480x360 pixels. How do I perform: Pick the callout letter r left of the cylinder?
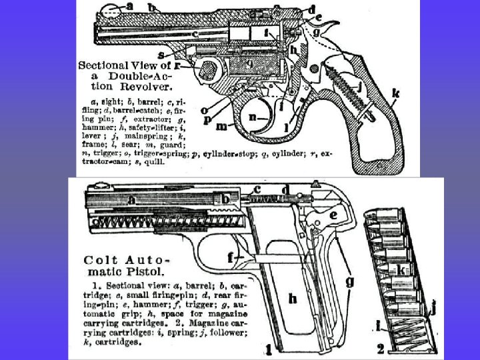click(x=177, y=66)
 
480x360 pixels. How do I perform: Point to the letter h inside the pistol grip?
click(x=292, y=299)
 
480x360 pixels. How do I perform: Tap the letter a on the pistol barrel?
click(x=131, y=199)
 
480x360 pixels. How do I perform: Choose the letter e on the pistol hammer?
click(x=332, y=215)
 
